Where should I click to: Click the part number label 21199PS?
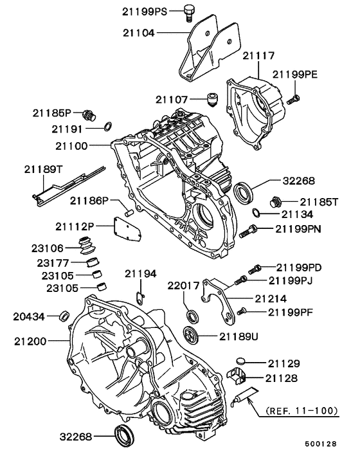tap(143, 12)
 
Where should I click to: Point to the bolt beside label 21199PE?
tap(293, 100)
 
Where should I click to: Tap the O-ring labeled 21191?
tap(109, 125)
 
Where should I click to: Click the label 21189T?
tap(44, 169)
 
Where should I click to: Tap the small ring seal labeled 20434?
tap(64, 316)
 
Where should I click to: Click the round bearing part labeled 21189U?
tap(191, 334)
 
